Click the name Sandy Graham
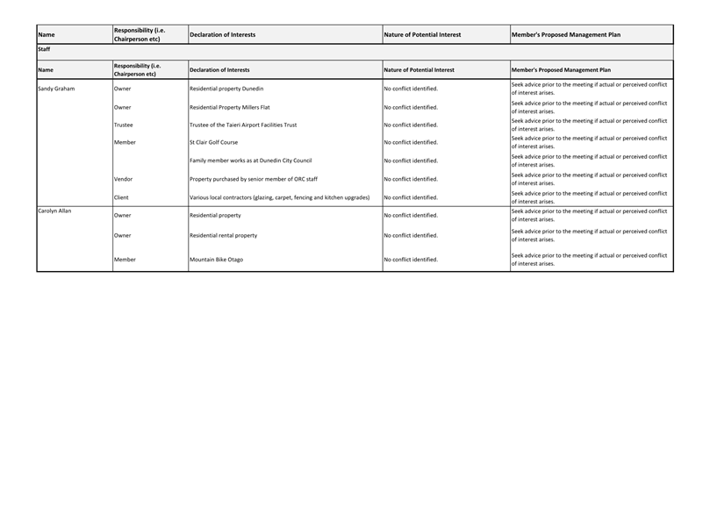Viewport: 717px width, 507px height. pyautogui.click(x=57, y=89)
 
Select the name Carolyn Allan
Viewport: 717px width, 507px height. pyautogui.click(x=54, y=211)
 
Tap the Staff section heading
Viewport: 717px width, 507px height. pyautogui.click(x=44, y=50)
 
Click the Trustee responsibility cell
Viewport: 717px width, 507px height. pyautogui.click(x=124, y=125)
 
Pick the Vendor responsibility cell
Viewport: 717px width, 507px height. pyautogui.click(x=124, y=179)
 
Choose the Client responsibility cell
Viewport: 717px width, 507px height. pyautogui.click(x=121, y=197)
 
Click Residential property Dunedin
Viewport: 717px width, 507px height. pyautogui.click(x=226, y=89)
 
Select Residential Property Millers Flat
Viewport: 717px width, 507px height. pyautogui.click(x=230, y=107)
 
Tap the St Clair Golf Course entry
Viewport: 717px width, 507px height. pyautogui.click(x=213, y=142)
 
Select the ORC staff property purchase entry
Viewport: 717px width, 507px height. pyautogui.click(x=254, y=179)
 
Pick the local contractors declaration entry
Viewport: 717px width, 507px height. pyautogui.click(x=279, y=197)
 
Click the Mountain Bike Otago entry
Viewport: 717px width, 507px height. pyautogui.click(x=217, y=260)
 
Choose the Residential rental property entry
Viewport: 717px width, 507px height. pyautogui.click(x=224, y=235)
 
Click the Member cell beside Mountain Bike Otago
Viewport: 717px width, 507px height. pyautogui.click(x=125, y=260)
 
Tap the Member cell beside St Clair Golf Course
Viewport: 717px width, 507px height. pyautogui.click(x=125, y=142)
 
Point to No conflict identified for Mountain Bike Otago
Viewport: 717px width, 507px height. pyautogui.click(x=411, y=260)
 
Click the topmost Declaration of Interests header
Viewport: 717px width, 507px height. pyautogui.click(x=223, y=35)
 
